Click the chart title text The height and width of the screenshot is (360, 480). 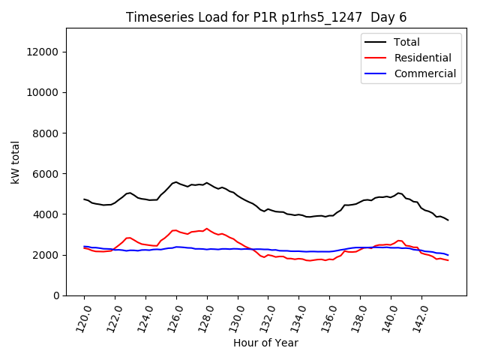pos(271,17)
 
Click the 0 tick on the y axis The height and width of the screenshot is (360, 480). pos(56,295)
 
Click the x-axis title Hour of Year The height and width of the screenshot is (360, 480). pos(265,343)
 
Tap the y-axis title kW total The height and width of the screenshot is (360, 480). pos(15,162)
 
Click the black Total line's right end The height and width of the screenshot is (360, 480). pos(448,220)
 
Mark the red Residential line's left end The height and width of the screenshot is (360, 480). pos(84,247)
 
